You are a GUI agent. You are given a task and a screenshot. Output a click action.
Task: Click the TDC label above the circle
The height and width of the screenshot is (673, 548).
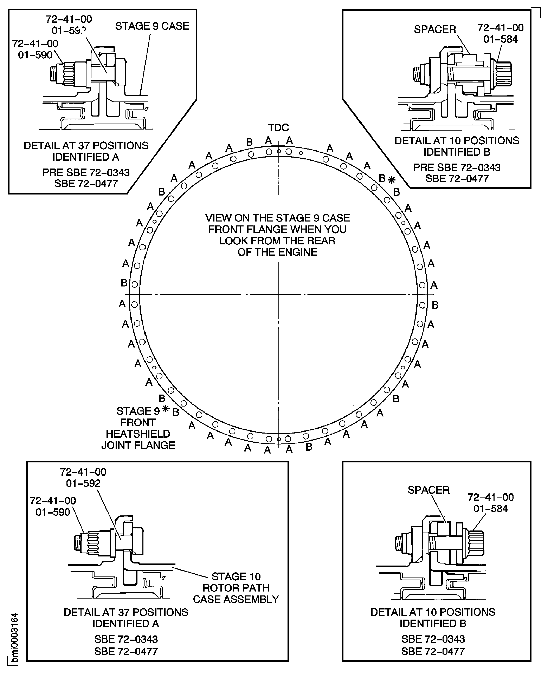point(278,128)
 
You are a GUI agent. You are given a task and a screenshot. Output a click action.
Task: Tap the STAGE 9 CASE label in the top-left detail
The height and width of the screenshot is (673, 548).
point(152,26)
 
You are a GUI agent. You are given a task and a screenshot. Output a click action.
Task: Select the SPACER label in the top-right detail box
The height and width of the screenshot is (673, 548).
point(435,29)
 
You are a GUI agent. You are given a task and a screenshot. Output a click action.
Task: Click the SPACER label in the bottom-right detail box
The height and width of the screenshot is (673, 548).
point(428,490)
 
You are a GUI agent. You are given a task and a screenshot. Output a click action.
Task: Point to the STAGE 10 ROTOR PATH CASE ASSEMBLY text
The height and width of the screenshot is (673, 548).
point(236,588)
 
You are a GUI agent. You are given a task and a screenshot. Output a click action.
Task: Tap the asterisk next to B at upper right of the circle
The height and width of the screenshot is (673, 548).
point(391,180)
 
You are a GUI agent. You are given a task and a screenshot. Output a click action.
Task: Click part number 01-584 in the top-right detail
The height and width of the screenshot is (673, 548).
point(500,39)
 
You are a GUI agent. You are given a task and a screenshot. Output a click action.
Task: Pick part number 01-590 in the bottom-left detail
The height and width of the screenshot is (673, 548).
point(53,512)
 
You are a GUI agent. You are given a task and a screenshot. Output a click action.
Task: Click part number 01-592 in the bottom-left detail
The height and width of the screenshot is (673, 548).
point(83,483)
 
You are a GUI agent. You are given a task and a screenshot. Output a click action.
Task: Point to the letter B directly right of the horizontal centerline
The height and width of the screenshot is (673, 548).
point(435,305)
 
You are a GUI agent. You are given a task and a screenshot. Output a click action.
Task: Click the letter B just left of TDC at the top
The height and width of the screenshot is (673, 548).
point(249,142)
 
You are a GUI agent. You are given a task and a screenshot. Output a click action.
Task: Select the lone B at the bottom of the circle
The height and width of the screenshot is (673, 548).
point(309,447)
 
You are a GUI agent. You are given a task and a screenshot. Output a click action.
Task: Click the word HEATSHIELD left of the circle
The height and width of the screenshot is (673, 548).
point(138,434)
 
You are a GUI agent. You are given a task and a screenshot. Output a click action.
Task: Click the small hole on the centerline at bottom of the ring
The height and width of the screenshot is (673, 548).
point(278,439)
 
